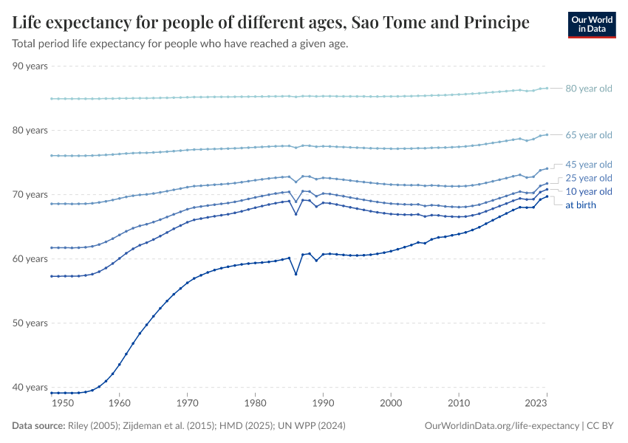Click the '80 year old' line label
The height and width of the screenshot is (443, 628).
click(588, 89)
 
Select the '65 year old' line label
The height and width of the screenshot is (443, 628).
click(588, 135)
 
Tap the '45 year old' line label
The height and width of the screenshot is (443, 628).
click(588, 165)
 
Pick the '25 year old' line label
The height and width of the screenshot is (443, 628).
click(588, 178)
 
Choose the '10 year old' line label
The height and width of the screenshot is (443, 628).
click(588, 192)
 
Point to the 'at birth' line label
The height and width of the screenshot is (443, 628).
click(580, 205)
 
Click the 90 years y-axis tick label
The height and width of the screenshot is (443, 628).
click(30, 66)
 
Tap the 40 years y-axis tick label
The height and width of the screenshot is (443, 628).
click(30, 388)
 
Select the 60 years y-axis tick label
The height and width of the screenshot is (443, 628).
click(30, 259)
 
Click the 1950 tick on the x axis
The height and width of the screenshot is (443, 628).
click(63, 403)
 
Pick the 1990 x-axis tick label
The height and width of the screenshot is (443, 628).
click(323, 403)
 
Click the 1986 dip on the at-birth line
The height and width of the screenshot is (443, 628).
click(296, 275)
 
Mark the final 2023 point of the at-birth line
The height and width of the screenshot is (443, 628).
click(546, 196)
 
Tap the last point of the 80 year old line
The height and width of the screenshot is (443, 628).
click(546, 88)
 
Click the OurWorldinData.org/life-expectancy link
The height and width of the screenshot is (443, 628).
click(502, 426)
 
